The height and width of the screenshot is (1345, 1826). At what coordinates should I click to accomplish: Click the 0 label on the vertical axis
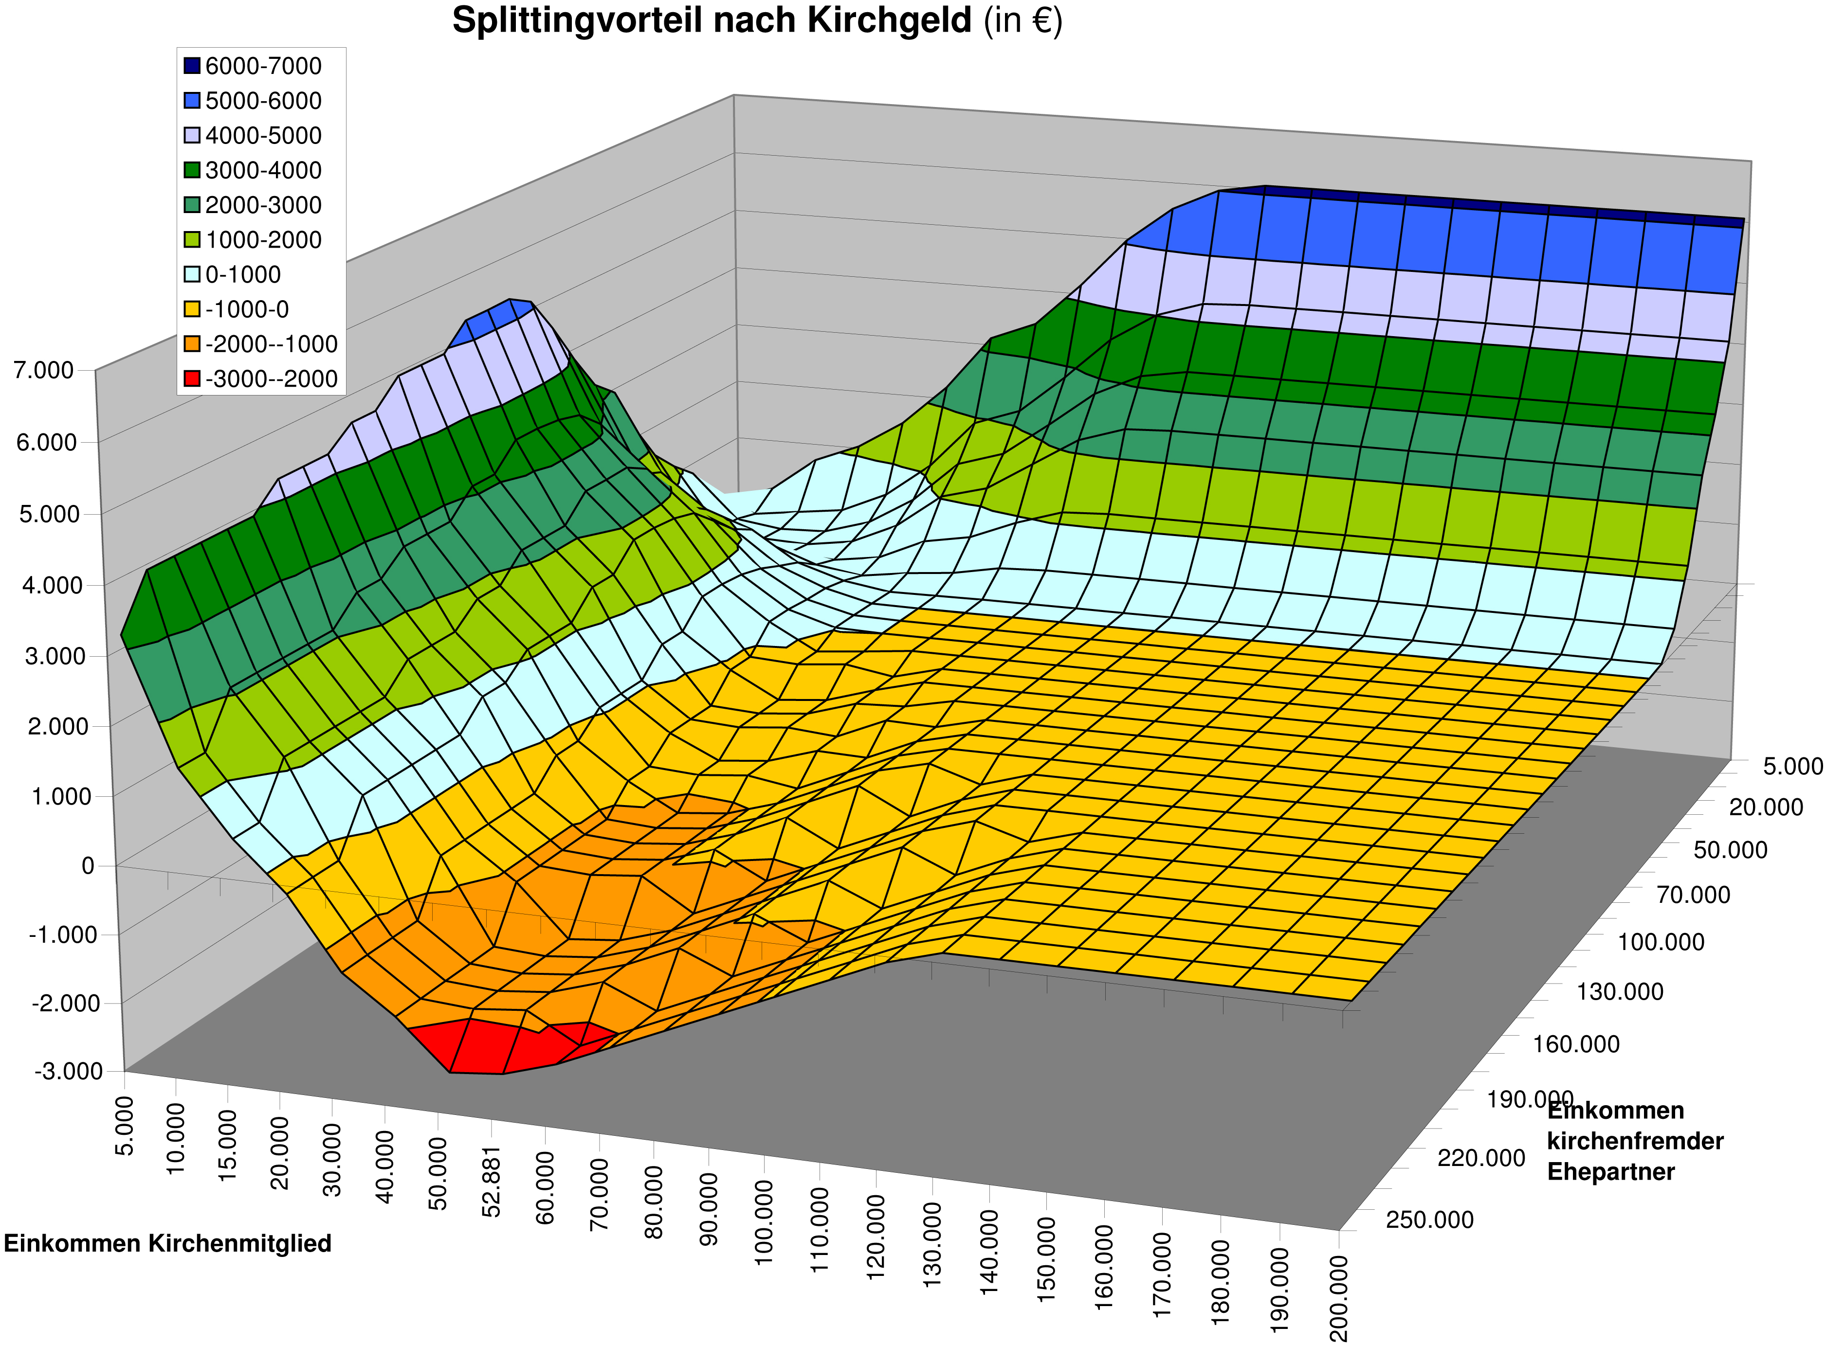coord(88,865)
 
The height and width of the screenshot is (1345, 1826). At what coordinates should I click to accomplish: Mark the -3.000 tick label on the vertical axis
coord(69,1071)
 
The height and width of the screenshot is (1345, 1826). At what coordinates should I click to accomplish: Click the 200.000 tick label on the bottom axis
coord(1338,1299)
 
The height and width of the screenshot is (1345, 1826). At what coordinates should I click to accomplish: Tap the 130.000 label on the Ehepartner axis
coord(1619,992)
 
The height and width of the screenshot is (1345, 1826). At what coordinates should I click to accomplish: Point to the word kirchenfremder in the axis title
coord(1635,1141)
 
